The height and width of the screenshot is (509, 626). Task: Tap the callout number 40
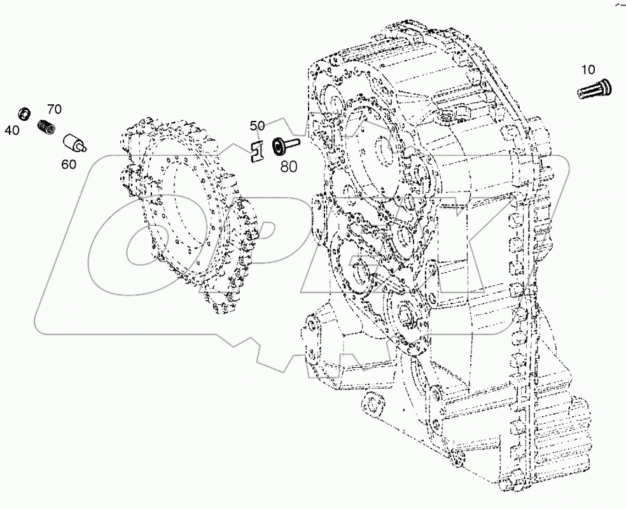[x=11, y=130]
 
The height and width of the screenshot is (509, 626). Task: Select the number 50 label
[x=256, y=126]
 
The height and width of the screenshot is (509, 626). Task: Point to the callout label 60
[x=69, y=164]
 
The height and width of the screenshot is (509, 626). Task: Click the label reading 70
[x=54, y=109]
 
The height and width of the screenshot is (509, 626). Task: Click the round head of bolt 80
[x=278, y=147]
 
